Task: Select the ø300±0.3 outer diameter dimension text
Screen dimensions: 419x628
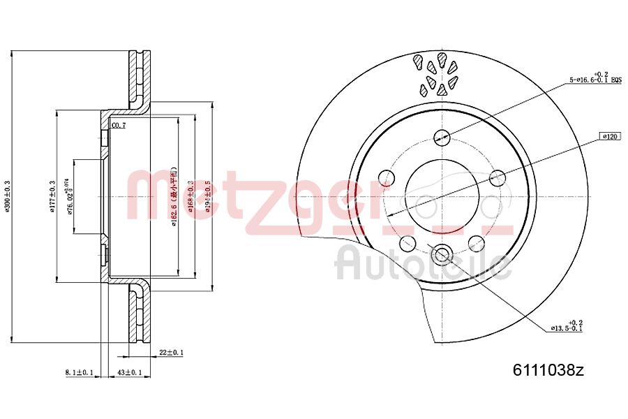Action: click(x=8, y=196)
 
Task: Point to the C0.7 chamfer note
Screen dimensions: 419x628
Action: click(x=119, y=126)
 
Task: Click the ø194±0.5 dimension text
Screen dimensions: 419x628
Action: click(x=207, y=196)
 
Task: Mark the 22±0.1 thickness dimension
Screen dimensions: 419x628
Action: click(x=170, y=353)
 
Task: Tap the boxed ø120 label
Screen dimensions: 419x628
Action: click(x=609, y=137)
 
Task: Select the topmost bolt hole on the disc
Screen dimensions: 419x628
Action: click(x=442, y=137)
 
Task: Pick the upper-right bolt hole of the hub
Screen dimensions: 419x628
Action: click(x=498, y=177)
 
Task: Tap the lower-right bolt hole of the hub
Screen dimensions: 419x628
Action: click(x=477, y=243)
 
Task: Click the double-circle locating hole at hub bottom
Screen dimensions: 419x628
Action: click(x=442, y=255)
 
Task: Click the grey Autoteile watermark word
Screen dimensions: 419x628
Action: click(x=422, y=264)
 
